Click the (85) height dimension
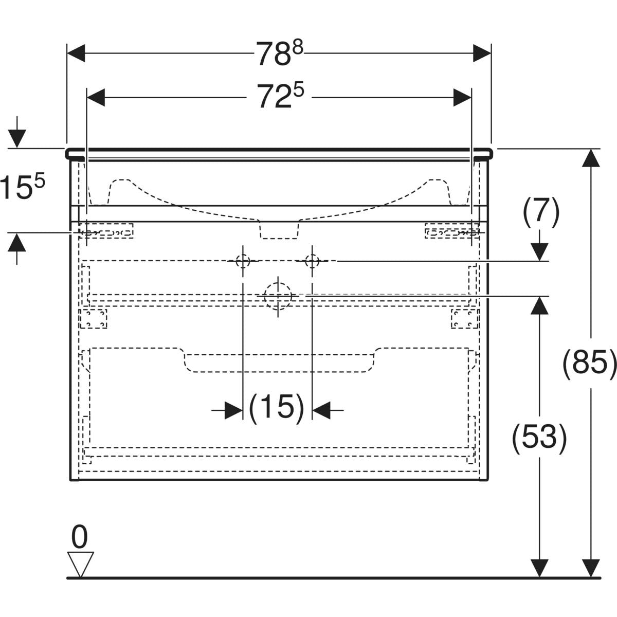589,364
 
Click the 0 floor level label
79,538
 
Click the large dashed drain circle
278,296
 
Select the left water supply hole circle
243,261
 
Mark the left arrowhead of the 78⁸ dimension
76,53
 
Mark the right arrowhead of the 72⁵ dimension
462,97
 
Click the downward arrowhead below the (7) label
539,252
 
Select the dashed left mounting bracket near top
106,231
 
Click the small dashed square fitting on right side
465,318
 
